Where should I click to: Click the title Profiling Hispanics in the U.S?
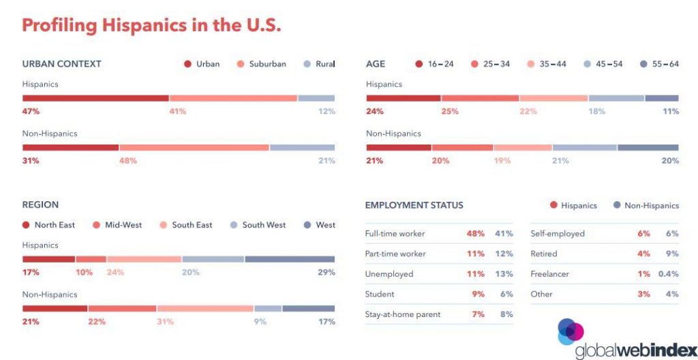(151, 25)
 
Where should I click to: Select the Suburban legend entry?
(261, 64)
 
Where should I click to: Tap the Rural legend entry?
(320, 64)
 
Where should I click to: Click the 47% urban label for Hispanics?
(31, 111)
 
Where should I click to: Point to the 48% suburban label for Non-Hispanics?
(128, 161)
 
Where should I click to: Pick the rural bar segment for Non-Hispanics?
(302, 147)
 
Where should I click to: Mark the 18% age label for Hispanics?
(596, 111)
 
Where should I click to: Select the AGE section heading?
(376, 64)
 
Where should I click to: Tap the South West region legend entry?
(258, 225)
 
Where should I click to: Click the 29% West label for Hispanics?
(327, 272)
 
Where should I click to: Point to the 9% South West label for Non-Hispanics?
(260, 322)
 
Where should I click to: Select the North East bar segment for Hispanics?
(48, 259)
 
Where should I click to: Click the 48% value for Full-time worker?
(475, 234)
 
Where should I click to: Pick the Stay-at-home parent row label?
(403, 314)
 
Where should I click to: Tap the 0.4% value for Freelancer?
(669, 274)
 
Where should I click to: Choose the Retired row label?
(544, 254)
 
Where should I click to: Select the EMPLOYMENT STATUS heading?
(414, 205)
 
